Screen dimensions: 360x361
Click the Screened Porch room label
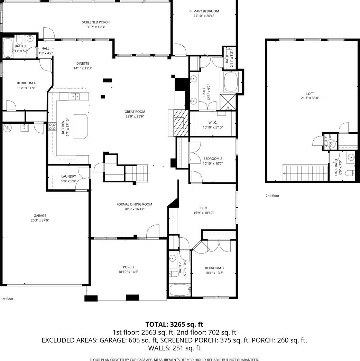96,22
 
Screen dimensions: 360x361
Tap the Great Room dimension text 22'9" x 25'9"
135,116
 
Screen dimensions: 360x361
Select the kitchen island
81,126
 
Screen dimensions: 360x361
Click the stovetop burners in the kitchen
52,126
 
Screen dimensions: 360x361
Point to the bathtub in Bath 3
8,48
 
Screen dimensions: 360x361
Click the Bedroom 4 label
26,83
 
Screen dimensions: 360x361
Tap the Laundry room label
69,177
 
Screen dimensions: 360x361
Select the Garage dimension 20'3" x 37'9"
40,220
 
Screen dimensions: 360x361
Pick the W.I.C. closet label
213,123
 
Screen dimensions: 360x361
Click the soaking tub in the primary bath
231,82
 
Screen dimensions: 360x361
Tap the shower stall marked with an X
228,102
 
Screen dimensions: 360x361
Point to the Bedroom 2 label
213,159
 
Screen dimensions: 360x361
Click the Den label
203,208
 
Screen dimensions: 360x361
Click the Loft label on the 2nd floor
310,94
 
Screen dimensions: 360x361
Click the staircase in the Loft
305,173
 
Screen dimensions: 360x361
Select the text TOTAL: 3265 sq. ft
174,324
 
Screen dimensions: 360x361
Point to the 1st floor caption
7,299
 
